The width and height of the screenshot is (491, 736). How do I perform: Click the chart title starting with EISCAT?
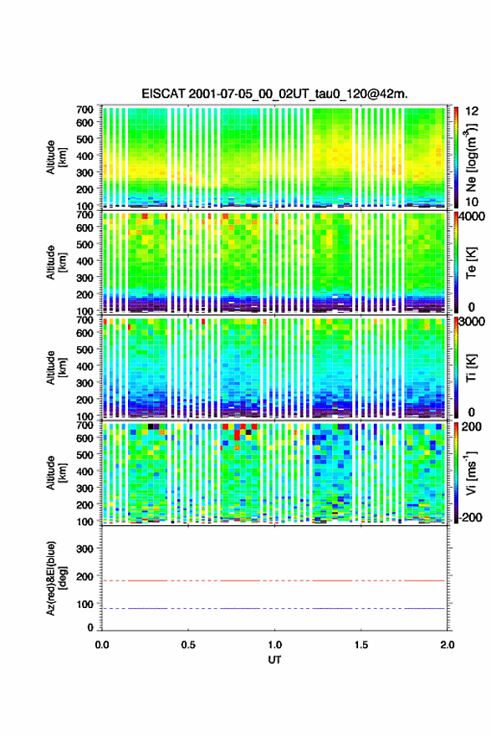274,94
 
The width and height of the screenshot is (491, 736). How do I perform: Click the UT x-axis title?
274,660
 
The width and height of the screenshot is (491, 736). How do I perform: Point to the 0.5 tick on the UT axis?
188,645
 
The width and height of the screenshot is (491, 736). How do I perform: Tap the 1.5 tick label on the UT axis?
361,645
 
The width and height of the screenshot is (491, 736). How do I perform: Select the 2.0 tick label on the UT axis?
448,645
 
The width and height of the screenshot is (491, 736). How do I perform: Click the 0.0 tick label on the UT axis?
102,645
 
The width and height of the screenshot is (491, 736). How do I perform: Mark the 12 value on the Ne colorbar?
473,110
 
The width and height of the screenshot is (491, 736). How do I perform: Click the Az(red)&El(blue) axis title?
56,578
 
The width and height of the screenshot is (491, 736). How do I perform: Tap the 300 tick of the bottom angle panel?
85,549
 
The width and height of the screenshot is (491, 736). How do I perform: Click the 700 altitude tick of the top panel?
85,110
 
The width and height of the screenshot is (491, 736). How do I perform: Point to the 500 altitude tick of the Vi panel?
85,454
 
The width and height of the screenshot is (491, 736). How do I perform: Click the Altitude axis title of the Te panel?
56,263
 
